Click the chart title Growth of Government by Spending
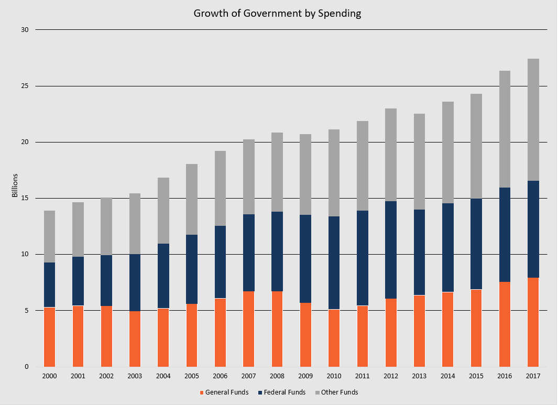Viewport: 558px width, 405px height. tap(277, 14)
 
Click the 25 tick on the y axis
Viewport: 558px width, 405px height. tap(25, 86)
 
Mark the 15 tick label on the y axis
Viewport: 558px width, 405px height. tap(25, 198)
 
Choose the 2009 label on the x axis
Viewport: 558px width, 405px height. tap(305, 376)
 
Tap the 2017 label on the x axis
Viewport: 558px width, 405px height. tap(533, 376)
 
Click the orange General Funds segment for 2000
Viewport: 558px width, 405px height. tap(49, 337)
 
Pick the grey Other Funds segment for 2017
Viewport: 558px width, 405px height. tap(533, 120)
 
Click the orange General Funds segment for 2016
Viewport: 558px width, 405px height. tap(505, 324)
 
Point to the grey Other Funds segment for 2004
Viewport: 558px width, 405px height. tap(163, 211)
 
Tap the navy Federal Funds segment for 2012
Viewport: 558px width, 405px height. tap(391, 250)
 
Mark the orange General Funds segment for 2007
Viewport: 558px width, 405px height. tap(249, 329)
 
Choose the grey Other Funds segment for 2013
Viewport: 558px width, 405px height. tap(420, 162)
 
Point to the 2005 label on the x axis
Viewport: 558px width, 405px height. tap(192, 376)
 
